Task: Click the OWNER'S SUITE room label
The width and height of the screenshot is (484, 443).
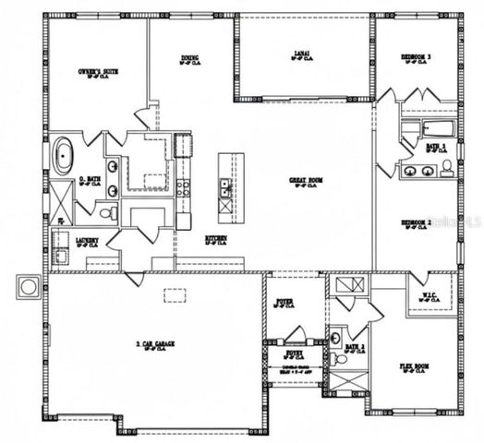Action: click(x=95, y=71)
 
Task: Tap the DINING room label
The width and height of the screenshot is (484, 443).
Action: click(x=189, y=59)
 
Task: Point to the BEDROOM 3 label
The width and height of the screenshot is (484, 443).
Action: click(x=417, y=57)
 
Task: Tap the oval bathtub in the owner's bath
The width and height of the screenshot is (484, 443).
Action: click(x=63, y=157)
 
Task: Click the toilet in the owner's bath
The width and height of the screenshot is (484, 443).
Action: click(x=107, y=213)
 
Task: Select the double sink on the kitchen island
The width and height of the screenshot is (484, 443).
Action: click(x=225, y=189)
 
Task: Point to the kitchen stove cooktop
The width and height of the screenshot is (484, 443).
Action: click(x=183, y=187)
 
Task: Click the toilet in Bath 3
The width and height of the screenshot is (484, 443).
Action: click(x=447, y=167)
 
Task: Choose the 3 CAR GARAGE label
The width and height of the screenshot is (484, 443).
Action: click(x=156, y=345)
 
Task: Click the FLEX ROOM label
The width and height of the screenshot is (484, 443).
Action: click(x=415, y=367)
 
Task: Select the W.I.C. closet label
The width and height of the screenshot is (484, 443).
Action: click(x=429, y=297)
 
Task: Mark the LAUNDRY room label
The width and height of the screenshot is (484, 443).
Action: click(x=88, y=241)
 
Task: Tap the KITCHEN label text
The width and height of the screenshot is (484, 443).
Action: click(x=216, y=239)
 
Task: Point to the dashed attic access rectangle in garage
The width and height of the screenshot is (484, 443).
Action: click(x=175, y=295)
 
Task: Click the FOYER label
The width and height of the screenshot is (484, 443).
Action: click(x=285, y=303)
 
